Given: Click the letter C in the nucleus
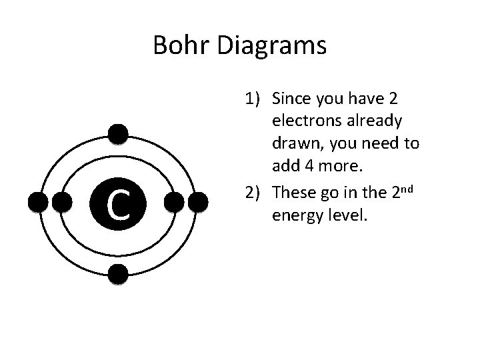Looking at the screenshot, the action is [118, 204].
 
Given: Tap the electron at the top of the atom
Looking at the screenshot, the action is [118, 135].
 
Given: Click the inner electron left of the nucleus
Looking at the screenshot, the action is [62, 202].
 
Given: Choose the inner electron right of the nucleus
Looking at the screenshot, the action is [174, 202].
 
